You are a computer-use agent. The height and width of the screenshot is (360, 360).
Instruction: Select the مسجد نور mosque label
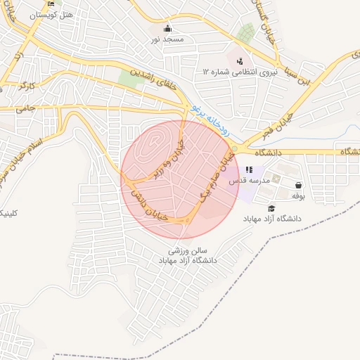pyautogui.click(x=167, y=39)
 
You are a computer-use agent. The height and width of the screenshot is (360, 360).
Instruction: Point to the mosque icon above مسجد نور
pyautogui.click(x=167, y=29)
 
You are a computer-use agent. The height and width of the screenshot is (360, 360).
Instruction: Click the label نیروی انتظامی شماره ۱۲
pyautogui.click(x=240, y=72)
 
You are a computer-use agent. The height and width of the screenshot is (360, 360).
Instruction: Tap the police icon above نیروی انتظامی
pyautogui.click(x=240, y=61)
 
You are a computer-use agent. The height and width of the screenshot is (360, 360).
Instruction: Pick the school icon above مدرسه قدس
pyautogui.click(x=249, y=169)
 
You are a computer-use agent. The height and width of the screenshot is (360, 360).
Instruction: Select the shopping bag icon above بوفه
pyautogui.click(x=298, y=186)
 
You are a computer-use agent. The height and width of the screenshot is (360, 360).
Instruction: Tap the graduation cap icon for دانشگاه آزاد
pyautogui.click(x=271, y=208)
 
